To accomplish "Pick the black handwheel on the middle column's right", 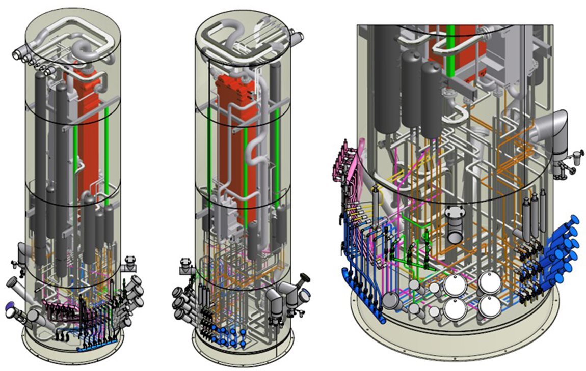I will tap(304, 278).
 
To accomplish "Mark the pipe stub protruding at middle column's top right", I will tap(296, 37).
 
